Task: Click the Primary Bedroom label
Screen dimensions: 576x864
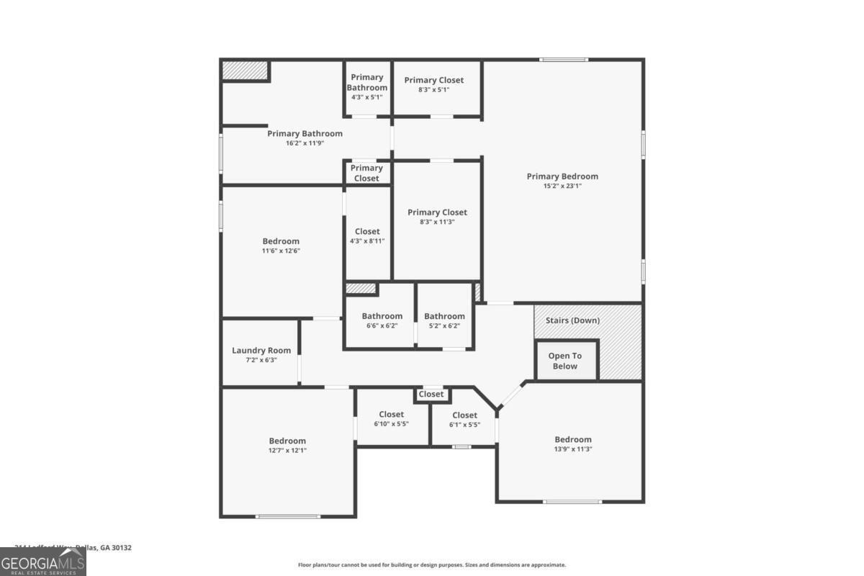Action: (562, 176)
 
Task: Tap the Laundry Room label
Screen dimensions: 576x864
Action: (261, 351)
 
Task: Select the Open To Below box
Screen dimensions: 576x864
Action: (565, 361)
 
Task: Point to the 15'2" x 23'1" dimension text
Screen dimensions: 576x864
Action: (562, 186)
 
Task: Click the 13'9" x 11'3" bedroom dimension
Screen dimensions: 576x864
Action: (573, 449)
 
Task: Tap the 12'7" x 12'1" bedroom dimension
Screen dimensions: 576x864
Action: (287, 451)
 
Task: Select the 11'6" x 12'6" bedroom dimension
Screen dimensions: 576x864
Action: (281, 251)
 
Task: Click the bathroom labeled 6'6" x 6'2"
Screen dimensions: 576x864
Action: (382, 321)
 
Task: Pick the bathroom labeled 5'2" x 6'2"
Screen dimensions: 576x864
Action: (444, 321)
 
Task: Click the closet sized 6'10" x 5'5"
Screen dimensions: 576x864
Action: (392, 419)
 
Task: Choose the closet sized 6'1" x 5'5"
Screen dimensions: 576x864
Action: (464, 419)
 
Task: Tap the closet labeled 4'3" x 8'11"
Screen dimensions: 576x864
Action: (367, 236)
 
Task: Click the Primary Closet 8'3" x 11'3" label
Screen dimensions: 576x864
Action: (437, 217)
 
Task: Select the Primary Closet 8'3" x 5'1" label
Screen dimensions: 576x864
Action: (434, 85)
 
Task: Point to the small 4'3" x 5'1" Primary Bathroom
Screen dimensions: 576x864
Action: (367, 86)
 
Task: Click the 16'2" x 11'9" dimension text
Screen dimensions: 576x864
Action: (305, 143)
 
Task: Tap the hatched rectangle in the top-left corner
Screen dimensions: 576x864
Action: (245, 71)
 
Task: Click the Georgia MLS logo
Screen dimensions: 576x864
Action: (43, 562)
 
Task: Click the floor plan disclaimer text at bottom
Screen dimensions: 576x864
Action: (432, 565)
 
